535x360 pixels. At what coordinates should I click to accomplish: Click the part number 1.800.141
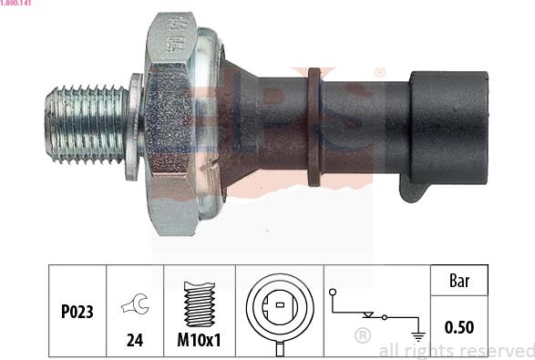pyautogui.click(x=18, y=5)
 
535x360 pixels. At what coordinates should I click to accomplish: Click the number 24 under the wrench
pyautogui.click(x=134, y=341)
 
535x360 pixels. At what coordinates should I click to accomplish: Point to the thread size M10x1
pyautogui.click(x=198, y=341)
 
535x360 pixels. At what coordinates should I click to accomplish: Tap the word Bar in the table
pyautogui.click(x=459, y=282)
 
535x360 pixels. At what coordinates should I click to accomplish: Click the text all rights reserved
pyautogui.click(x=456, y=349)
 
